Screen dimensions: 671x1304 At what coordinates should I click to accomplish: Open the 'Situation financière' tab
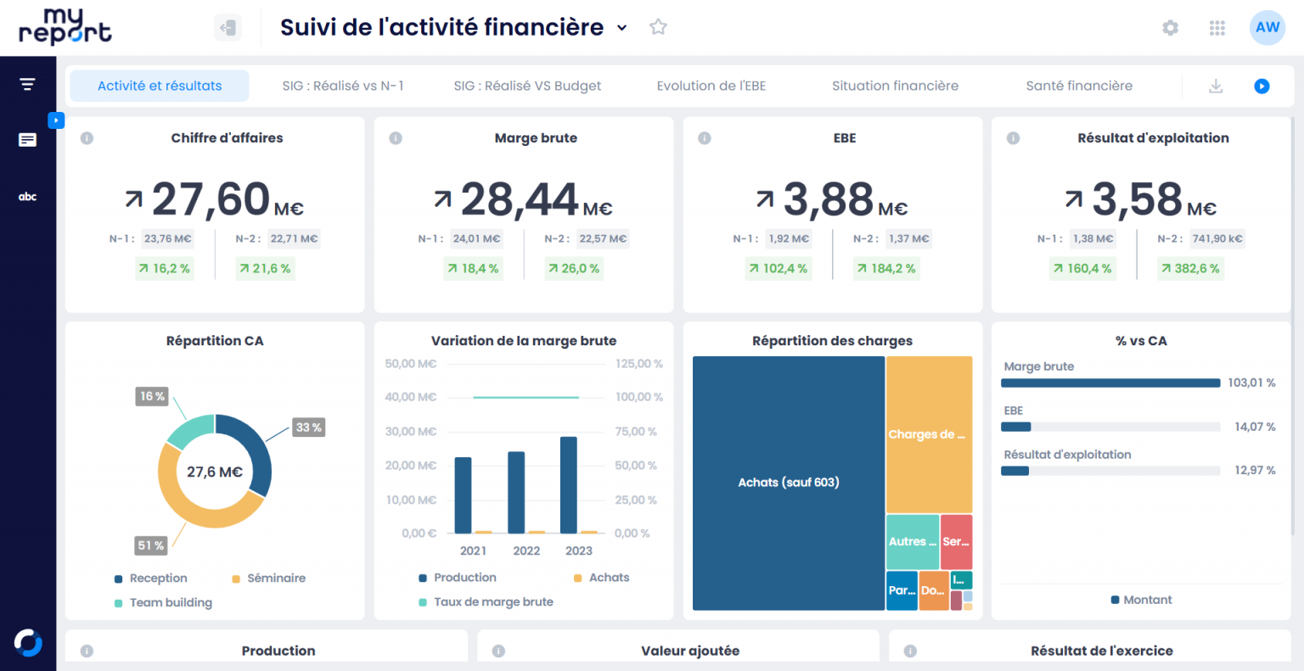point(895,86)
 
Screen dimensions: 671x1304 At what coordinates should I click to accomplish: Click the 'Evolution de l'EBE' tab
point(711,86)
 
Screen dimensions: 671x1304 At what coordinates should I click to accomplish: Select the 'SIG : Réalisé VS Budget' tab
point(527,86)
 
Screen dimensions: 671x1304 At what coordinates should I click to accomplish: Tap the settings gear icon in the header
point(1170,28)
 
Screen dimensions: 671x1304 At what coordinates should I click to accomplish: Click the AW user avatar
point(1267,28)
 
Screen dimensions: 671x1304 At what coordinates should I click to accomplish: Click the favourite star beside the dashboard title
point(658,27)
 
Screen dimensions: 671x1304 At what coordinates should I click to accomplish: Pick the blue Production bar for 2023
point(569,484)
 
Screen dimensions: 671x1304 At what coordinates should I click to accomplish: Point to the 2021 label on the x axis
point(474,551)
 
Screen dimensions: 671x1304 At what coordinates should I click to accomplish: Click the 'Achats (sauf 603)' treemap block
point(789,483)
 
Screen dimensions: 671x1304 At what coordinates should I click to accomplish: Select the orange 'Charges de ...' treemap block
point(929,434)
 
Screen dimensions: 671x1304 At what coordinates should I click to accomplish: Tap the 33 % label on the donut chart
point(308,428)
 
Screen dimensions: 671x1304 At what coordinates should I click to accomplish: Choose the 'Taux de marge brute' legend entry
point(493,602)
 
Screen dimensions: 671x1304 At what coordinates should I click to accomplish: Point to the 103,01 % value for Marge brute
point(1251,383)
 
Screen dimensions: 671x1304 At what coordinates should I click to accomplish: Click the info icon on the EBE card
point(705,138)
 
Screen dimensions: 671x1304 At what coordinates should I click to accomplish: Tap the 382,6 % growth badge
point(1190,269)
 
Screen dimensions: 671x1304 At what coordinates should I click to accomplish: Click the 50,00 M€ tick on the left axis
point(411,364)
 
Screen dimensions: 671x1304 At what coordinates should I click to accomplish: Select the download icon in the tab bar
point(1216,86)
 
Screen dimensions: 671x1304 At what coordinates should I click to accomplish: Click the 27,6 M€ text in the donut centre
point(215,472)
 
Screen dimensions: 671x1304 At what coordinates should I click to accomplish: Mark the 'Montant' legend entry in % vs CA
point(1147,600)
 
